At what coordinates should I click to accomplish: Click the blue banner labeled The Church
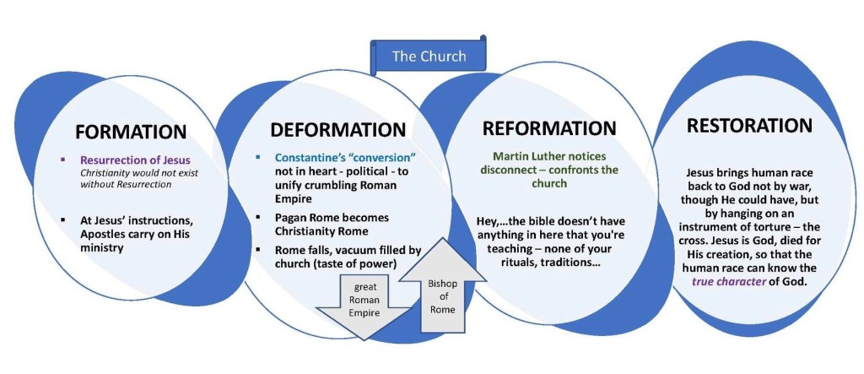pos(429,57)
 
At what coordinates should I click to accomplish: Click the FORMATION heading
pos(130,132)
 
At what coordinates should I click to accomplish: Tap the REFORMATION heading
pos(549,128)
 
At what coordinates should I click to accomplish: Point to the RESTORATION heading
pos(749,126)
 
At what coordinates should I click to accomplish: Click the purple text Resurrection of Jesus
pos(135,160)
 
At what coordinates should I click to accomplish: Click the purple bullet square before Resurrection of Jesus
pos(64,160)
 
